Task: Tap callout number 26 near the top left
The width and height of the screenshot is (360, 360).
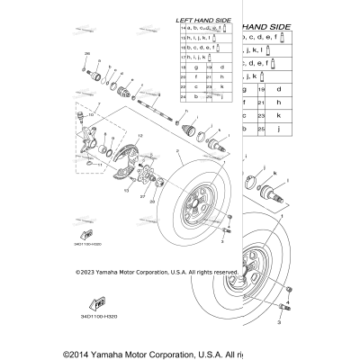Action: tap(87, 53)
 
